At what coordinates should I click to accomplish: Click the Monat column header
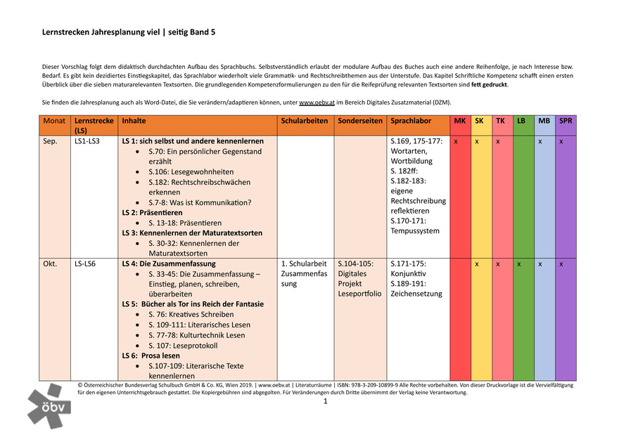tap(54, 121)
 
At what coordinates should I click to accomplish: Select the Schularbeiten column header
tap(305, 121)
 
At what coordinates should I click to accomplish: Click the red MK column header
tap(460, 121)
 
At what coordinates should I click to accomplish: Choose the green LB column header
tap(521, 121)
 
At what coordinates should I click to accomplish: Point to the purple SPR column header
tap(566, 121)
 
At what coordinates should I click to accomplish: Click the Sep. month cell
tap(51, 141)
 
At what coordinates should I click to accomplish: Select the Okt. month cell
tap(50, 264)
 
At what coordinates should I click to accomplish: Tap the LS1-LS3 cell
tap(87, 141)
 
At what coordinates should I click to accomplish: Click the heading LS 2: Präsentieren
tap(152, 212)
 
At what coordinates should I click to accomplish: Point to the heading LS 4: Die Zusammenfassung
tap(159, 264)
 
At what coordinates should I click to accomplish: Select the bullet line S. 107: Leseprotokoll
tap(183, 346)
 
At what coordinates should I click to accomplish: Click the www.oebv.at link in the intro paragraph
tap(315, 103)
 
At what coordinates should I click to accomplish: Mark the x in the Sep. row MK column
tap(456, 141)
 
